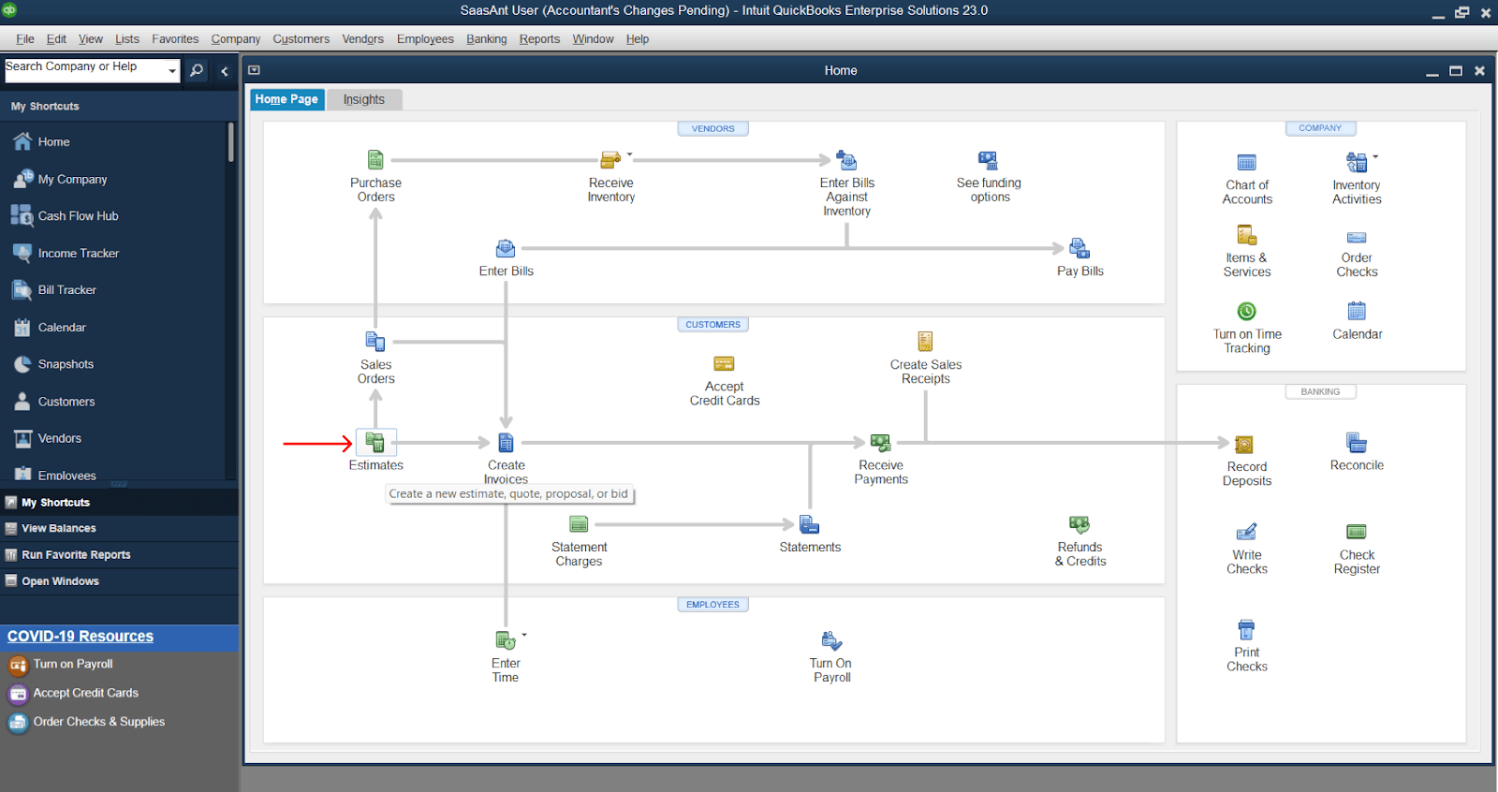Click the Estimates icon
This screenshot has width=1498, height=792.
coord(375,443)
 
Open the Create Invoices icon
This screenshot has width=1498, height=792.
coord(506,443)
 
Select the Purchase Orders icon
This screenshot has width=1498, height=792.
coord(375,160)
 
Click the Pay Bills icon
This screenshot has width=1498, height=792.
coord(1079,249)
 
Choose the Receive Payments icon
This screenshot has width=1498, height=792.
coord(880,443)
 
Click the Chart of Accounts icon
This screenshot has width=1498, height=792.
coord(1246,163)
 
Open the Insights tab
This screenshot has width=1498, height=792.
coord(363,99)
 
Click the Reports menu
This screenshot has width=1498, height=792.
coord(539,39)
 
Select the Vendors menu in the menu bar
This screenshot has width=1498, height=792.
coord(362,39)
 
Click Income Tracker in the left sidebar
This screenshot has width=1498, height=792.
coord(78,254)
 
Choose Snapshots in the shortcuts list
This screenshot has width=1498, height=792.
coord(66,364)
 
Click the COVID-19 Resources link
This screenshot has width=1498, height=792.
coord(81,637)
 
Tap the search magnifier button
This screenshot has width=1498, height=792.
coord(197,70)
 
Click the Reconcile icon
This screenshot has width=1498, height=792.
coord(1357,443)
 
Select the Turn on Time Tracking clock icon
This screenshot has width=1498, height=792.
coord(1246,311)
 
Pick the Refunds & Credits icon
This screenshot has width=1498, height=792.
coord(1079,525)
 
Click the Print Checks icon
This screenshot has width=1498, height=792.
coord(1246,629)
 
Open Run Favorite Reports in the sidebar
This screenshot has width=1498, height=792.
coord(76,555)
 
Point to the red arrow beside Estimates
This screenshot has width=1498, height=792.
coord(317,444)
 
